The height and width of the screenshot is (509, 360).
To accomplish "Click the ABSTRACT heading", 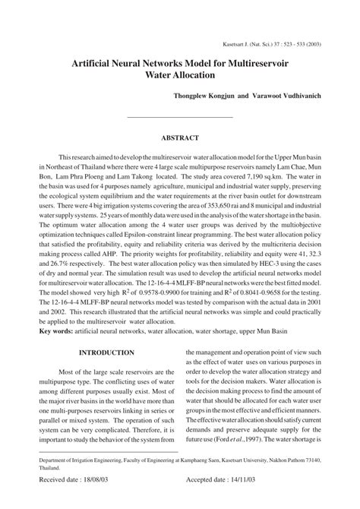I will pos(179,138).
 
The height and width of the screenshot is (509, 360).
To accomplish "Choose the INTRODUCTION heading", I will pos(106,353).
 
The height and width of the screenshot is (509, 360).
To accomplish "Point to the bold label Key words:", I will pos(58,332).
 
